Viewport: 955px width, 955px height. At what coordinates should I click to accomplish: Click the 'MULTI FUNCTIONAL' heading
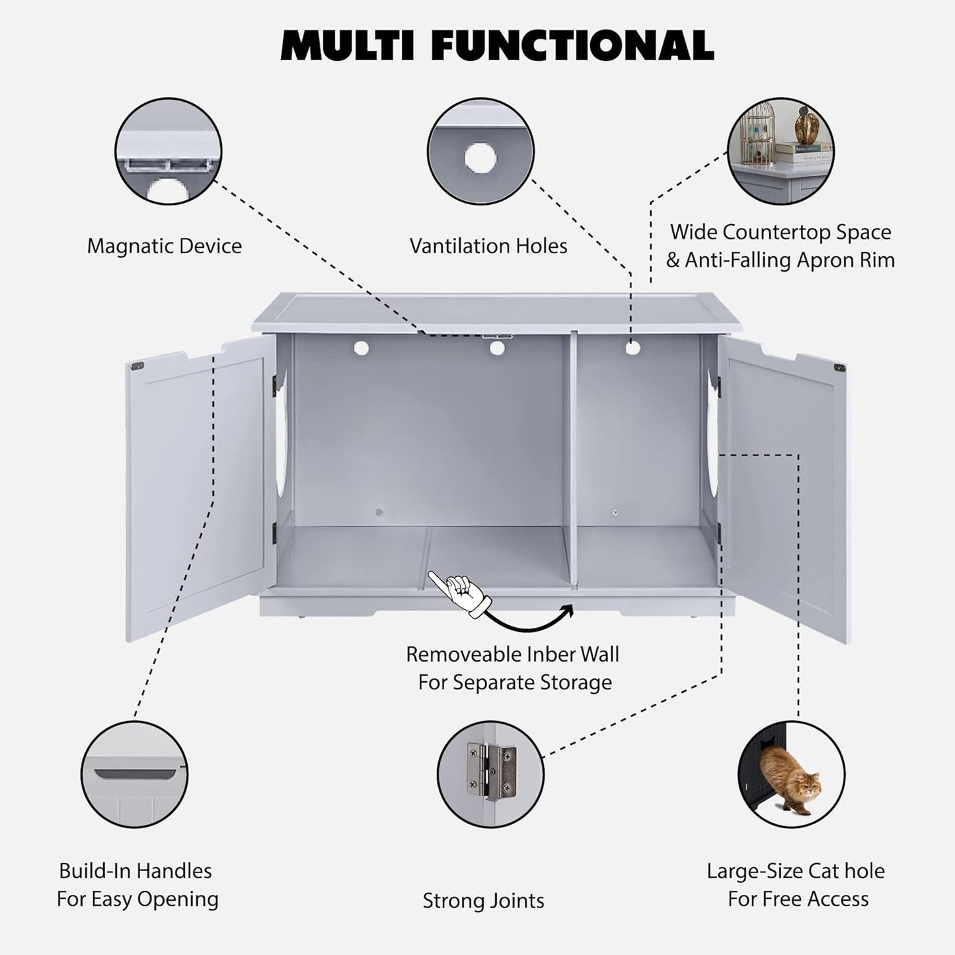pos(497,45)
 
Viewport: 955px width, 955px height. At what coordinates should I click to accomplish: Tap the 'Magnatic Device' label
pos(164,247)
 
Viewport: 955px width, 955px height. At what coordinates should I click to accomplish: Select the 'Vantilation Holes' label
pos(488,247)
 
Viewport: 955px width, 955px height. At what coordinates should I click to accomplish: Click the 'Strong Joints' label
pos(483,901)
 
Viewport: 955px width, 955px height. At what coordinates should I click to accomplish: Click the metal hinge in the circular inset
pos(490,769)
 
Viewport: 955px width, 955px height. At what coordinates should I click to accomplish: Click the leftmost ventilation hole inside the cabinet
pos(361,348)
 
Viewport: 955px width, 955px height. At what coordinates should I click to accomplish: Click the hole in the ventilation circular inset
pos(480,157)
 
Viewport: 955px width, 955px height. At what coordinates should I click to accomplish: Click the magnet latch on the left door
pos(138,365)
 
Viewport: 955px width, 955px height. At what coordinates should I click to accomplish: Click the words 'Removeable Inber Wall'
pos(512,654)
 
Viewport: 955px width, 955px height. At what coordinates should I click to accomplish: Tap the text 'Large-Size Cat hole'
pos(795,871)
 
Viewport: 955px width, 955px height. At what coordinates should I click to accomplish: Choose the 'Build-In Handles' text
pos(135,871)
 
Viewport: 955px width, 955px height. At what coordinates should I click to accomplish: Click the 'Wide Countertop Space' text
pos(780,233)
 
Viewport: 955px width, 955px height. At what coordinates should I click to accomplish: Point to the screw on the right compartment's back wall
pos(615,512)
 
